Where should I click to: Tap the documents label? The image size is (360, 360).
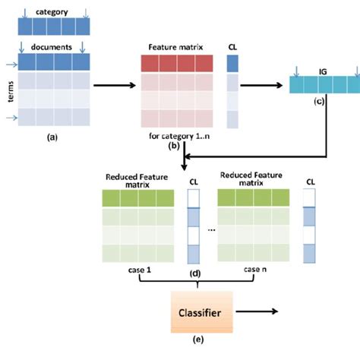[x=51, y=47]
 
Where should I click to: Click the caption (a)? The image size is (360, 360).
[x=52, y=137]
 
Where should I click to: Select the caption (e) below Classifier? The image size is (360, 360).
[x=199, y=339]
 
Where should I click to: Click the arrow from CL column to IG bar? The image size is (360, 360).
[x=266, y=84]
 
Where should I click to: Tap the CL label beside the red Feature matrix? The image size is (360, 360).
[x=232, y=47]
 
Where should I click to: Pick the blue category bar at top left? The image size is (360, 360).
[x=51, y=27]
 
